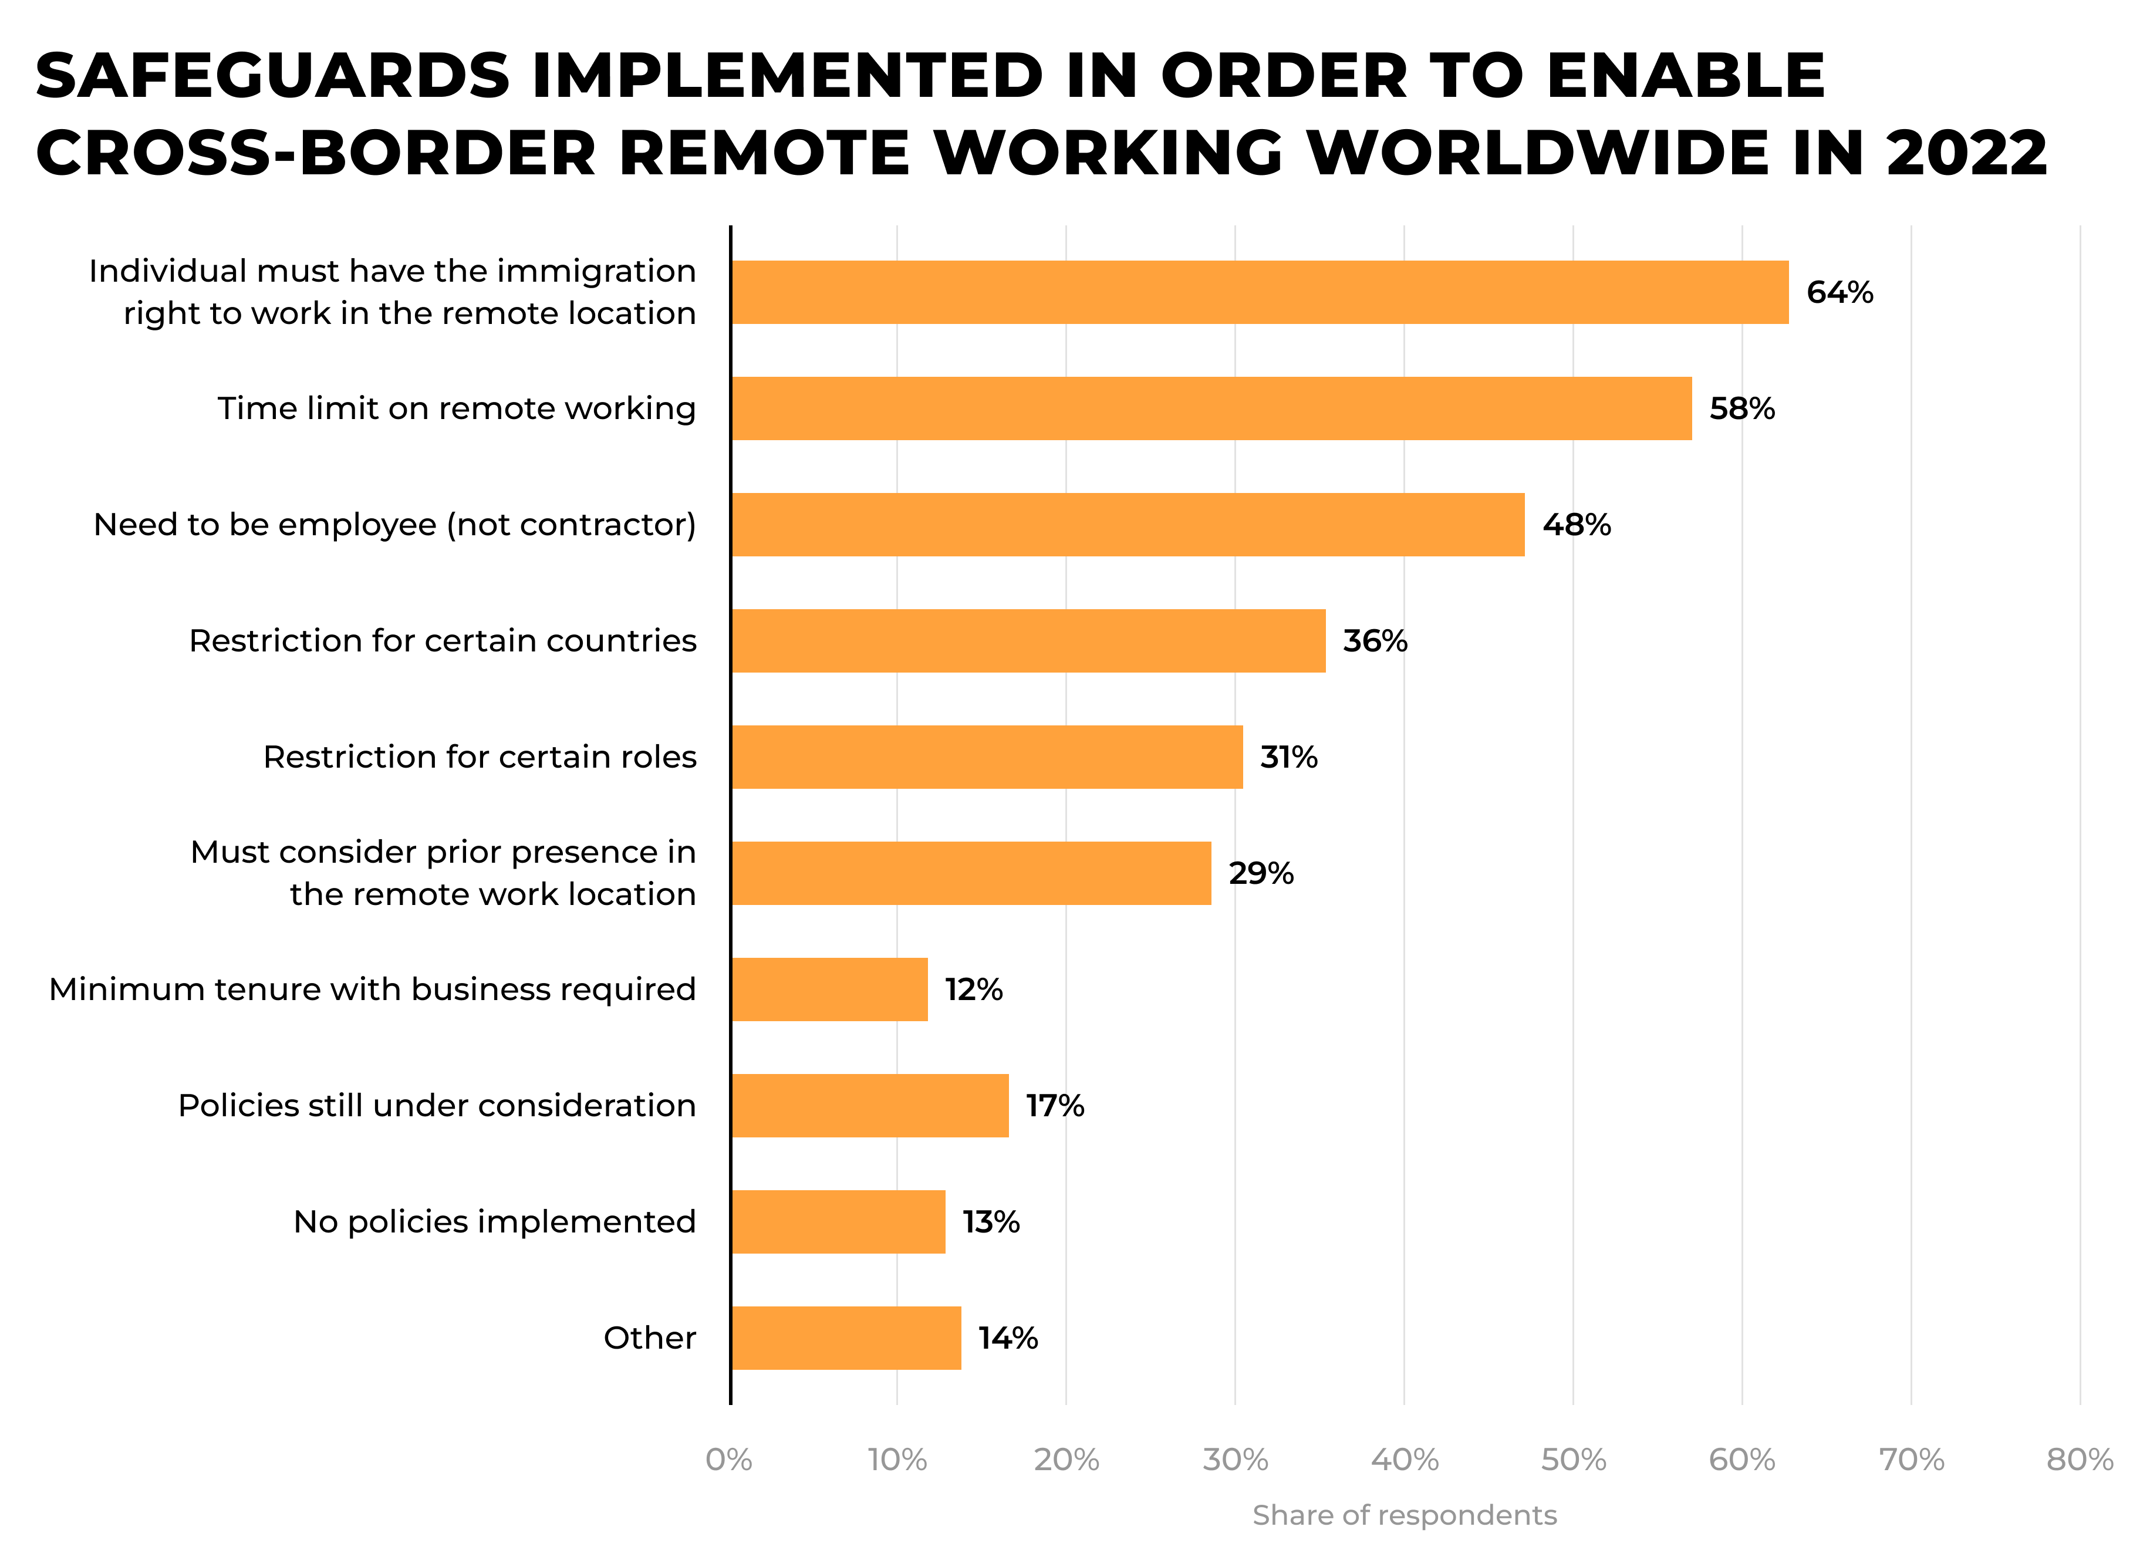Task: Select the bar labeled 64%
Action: pos(1260,292)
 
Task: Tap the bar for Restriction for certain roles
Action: pos(986,757)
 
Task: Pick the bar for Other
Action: pos(846,1338)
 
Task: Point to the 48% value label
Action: pos(1576,525)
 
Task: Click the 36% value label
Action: pos(1374,641)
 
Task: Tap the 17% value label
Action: pos(1055,1106)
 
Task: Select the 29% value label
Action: pos(1260,874)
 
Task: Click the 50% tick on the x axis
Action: pos(1574,1460)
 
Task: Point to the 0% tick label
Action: pos(728,1460)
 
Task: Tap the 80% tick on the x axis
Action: pos(2079,1460)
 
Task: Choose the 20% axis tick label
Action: pos(1066,1460)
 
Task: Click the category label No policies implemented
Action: pos(494,1222)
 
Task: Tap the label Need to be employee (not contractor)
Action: pos(394,525)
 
